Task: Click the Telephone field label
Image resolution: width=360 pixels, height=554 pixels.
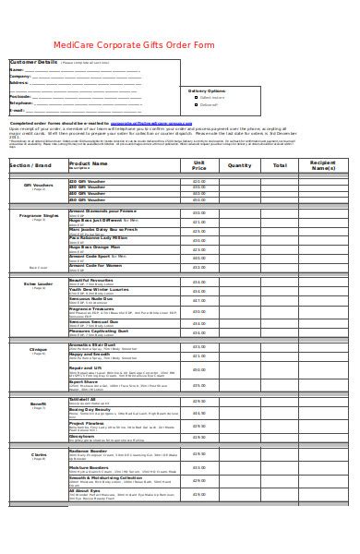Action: tap(22, 102)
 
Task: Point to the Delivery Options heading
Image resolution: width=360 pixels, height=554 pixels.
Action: tap(207, 91)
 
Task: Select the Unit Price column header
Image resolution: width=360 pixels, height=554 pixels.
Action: tap(198, 165)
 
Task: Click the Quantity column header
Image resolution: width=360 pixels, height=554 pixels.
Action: tap(239, 165)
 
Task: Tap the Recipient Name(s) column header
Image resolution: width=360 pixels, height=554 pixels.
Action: tap(323, 165)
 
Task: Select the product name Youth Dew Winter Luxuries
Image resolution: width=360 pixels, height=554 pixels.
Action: tap(102, 289)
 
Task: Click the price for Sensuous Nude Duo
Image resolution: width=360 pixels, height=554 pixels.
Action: tap(198, 301)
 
